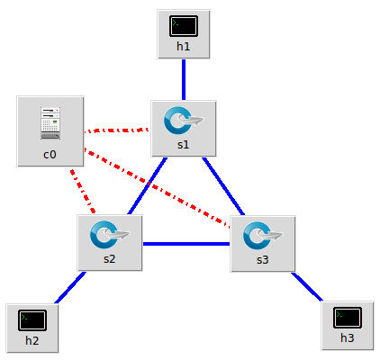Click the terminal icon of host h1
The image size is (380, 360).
coord(184,26)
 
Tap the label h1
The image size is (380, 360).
coord(184,47)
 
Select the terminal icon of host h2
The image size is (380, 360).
coord(32,320)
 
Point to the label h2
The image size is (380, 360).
coord(32,341)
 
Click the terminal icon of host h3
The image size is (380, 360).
coord(348,318)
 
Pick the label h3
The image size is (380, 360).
coord(348,338)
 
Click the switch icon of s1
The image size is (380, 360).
coord(184,121)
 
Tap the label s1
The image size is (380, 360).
coord(183,145)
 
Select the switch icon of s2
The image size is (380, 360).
coord(110,235)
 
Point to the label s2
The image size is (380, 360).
coord(109,259)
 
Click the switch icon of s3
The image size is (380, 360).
coord(263,236)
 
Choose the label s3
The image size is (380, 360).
coord(262,260)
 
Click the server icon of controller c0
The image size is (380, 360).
coord(50,123)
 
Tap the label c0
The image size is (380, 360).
coord(50,155)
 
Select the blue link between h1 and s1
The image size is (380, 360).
coord(184,79)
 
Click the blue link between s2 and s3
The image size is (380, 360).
coord(186,244)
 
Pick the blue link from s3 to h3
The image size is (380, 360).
coord(307,286)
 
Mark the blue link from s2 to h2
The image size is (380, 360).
coord(70,287)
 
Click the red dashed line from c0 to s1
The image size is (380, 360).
coord(116,130)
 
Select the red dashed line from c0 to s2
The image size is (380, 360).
coord(83,191)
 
